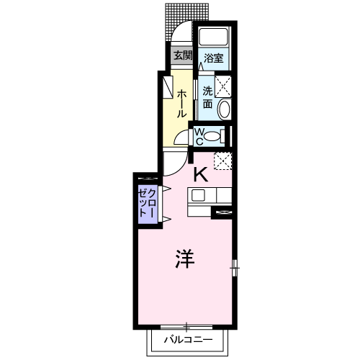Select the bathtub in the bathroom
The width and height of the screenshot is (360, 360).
(x=215, y=37)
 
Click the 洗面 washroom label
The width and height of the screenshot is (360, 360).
(x=207, y=97)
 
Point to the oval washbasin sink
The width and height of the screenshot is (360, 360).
(x=225, y=109)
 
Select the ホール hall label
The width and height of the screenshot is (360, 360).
(x=181, y=104)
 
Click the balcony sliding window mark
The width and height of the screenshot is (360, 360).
(x=186, y=325)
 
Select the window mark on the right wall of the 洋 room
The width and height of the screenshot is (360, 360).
(x=235, y=267)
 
